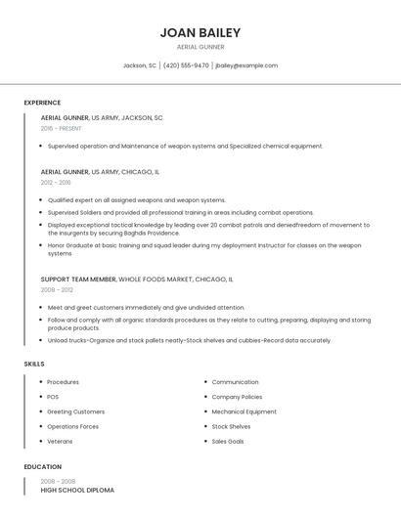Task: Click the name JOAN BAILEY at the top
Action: point(200,32)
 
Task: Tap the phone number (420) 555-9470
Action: point(186,65)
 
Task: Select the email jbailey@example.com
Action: point(246,65)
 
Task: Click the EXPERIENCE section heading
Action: point(42,103)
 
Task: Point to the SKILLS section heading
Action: point(34,364)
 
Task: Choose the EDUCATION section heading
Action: point(43,467)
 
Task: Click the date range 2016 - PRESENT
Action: point(61,128)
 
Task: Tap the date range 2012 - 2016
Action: point(56,182)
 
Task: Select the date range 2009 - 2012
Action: point(57,289)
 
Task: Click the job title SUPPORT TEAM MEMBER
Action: point(78,279)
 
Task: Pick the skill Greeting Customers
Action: point(75,411)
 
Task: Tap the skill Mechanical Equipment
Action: point(244,411)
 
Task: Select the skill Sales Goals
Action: point(228,441)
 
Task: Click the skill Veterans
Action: point(61,441)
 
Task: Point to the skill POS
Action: point(53,397)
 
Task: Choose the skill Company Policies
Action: point(237,397)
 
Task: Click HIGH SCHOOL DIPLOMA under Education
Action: point(77,490)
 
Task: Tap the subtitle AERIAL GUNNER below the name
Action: point(200,47)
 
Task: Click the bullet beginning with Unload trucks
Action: point(189,341)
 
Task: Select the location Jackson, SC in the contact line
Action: point(139,65)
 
